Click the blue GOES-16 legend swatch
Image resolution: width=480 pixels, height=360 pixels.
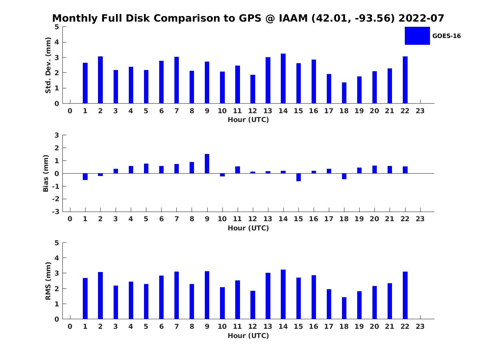coord(417,36)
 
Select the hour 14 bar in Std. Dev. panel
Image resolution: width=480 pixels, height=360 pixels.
coord(283,78)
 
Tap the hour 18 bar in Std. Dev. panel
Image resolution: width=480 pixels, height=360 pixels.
coord(344,93)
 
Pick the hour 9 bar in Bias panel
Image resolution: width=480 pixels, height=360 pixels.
coord(207,164)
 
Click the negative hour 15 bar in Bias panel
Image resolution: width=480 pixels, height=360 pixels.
coord(298,177)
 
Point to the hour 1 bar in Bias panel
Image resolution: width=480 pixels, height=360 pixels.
coord(85,176)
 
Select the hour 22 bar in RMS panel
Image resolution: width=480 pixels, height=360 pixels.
coord(405,295)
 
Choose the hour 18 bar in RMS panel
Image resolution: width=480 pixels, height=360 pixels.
coord(344,308)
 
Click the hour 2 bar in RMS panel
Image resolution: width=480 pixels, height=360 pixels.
coord(100,296)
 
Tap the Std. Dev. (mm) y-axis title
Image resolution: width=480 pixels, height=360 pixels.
coord(48,65)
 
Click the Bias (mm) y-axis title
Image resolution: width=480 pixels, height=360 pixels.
coord(46,173)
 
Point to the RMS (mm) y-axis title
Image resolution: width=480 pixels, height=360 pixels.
coord(48,281)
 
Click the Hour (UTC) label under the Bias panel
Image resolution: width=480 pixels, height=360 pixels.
coord(248,228)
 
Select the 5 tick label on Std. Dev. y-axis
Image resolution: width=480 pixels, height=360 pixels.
coord(57,27)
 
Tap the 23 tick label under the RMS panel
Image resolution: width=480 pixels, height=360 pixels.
coord(420,326)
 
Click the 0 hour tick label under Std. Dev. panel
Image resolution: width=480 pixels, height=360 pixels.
coord(70,111)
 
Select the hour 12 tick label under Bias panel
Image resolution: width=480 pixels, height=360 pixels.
coord(253,218)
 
